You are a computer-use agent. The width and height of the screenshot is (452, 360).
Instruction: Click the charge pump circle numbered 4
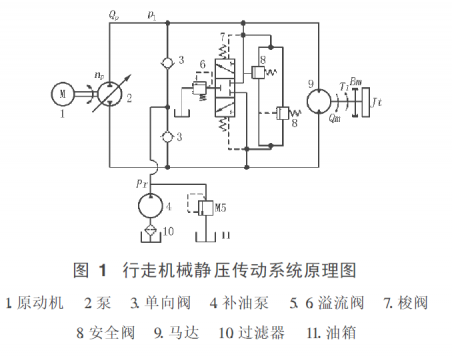152,206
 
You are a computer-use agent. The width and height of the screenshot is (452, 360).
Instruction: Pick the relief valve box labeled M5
206,207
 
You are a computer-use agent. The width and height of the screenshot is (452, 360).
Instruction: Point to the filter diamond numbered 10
152,234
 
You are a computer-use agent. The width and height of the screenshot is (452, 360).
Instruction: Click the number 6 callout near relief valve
200,65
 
